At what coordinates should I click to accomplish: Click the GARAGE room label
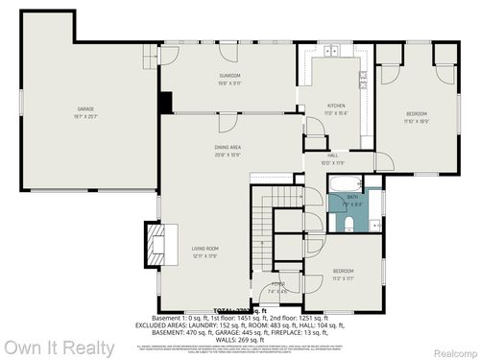pos(86,110)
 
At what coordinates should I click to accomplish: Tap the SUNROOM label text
pos(229,76)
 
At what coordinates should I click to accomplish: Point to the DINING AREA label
pos(228,147)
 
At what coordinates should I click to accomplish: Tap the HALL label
pos(332,156)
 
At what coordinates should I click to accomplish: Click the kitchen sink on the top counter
pos(332,50)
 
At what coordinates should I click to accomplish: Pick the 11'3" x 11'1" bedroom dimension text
pos(344,278)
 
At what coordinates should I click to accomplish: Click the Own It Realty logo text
pos(59,348)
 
